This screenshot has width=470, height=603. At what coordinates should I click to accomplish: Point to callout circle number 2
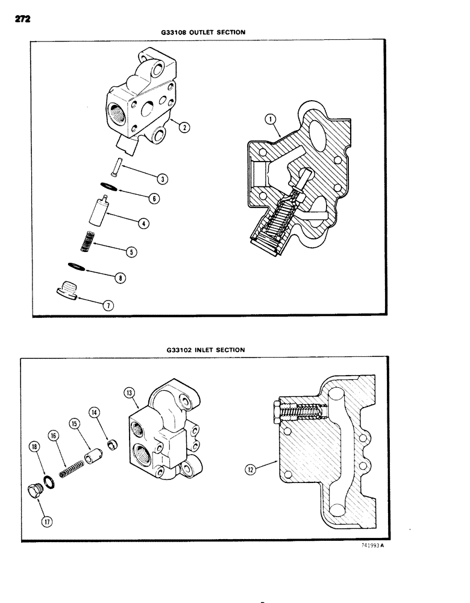[184, 127]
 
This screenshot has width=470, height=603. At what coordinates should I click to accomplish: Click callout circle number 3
[163, 178]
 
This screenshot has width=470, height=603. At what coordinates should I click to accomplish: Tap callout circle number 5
[132, 252]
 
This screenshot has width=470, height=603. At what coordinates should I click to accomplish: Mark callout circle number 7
[108, 305]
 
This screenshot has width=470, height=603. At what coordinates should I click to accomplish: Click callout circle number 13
[128, 392]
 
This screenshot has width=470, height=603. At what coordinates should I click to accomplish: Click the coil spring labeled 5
[90, 242]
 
